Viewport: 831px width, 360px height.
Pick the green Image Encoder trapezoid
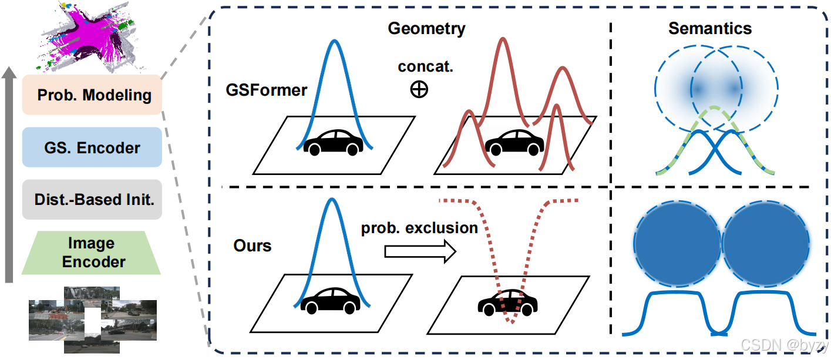coord(92,253)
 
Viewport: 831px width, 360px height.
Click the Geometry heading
coord(426,28)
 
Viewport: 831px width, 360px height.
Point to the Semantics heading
coord(709,28)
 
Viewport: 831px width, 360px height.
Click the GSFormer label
coord(266,90)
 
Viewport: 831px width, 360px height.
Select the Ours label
coord(252,245)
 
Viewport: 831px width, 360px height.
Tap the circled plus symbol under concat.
coord(419,90)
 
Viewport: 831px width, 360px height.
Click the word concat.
coord(425,66)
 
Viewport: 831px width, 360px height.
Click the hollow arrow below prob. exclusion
coord(419,252)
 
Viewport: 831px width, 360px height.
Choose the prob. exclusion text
coord(419,228)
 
